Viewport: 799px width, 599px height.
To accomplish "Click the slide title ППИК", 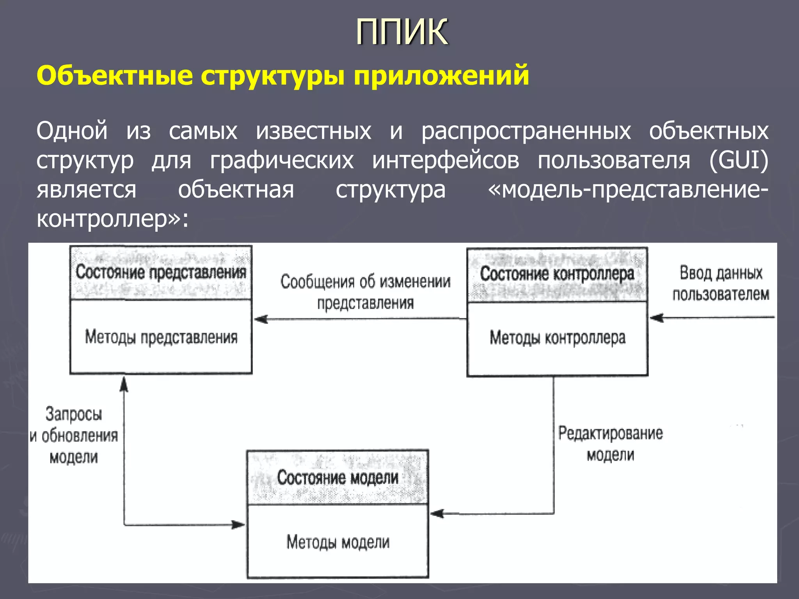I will (402, 32).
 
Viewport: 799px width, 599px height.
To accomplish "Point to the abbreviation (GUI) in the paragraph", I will (739, 160).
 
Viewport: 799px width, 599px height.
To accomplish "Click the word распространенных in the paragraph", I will (526, 131).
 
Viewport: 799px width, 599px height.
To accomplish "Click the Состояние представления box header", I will (161, 272).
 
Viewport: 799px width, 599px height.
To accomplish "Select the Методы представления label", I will (161, 337).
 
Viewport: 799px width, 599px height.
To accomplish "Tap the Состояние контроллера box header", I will (557, 274).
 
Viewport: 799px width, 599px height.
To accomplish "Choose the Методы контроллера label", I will (558, 338).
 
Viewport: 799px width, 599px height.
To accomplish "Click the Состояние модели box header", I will (337, 477).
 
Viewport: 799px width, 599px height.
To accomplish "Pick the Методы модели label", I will (338, 542).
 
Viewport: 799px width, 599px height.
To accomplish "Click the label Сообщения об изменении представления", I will (365, 292).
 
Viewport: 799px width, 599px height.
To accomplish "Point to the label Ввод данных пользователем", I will (721, 284).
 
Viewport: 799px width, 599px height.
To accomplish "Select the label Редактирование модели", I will (610, 444).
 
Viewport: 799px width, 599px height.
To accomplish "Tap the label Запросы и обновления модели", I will (74, 435).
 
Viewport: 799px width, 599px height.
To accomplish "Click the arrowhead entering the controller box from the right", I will (657, 317).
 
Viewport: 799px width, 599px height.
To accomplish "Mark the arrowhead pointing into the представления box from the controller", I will (261, 319).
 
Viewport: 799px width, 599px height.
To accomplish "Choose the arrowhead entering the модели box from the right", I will (437, 514).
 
